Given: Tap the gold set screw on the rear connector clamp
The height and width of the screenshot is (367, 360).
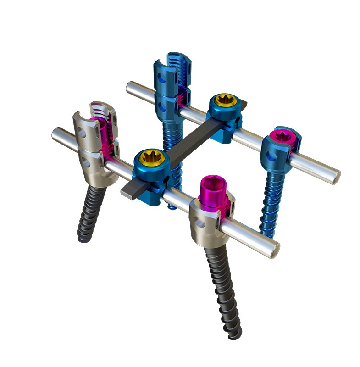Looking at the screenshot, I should click(224, 100).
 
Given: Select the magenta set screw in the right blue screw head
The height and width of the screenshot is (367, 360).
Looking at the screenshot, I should click(280, 136).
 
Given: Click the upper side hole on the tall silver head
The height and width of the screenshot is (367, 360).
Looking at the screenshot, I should click(82, 133).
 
